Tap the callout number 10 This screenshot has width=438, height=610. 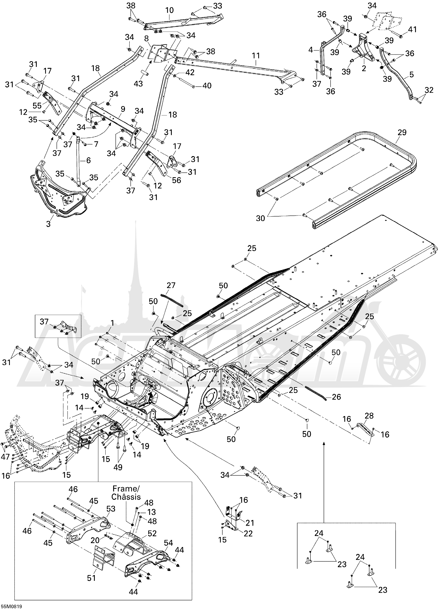(x=170, y=10)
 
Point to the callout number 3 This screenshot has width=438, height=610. (x=48, y=224)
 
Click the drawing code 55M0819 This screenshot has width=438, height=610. (x=11, y=606)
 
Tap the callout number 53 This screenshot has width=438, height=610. (x=111, y=509)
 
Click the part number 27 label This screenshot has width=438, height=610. (x=171, y=285)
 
